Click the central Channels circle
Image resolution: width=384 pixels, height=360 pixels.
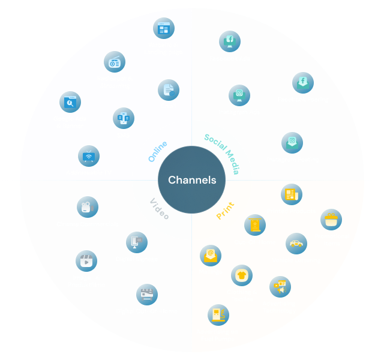[x=191, y=180]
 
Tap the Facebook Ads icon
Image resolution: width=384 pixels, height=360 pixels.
[x=229, y=41]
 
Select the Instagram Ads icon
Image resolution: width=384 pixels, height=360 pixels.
[x=239, y=95]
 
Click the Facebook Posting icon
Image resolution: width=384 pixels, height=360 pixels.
[x=303, y=83]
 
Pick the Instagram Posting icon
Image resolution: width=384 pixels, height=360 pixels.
[x=292, y=143]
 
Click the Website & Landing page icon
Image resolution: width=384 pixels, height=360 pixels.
[x=163, y=28]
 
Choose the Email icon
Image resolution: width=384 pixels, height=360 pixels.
[x=169, y=90]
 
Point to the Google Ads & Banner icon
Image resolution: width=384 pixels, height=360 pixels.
[x=70, y=103]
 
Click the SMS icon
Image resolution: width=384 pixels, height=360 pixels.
[x=124, y=118]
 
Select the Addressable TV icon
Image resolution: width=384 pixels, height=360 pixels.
[x=89, y=157]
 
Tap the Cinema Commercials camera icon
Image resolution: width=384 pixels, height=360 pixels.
[x=88, y=207]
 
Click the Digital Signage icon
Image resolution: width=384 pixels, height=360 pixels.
[x=137, y=242]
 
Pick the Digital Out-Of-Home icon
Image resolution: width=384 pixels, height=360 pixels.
[x=147, y=295]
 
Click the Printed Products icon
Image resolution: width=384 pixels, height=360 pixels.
[x=292, y=194]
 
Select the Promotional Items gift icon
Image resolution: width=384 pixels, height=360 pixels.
[x=331, y=220]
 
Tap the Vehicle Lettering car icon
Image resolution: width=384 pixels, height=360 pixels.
[x=296, y=244]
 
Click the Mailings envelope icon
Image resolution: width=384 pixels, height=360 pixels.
[x=210, y=256]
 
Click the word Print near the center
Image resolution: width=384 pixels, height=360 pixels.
[x=225, y=210]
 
